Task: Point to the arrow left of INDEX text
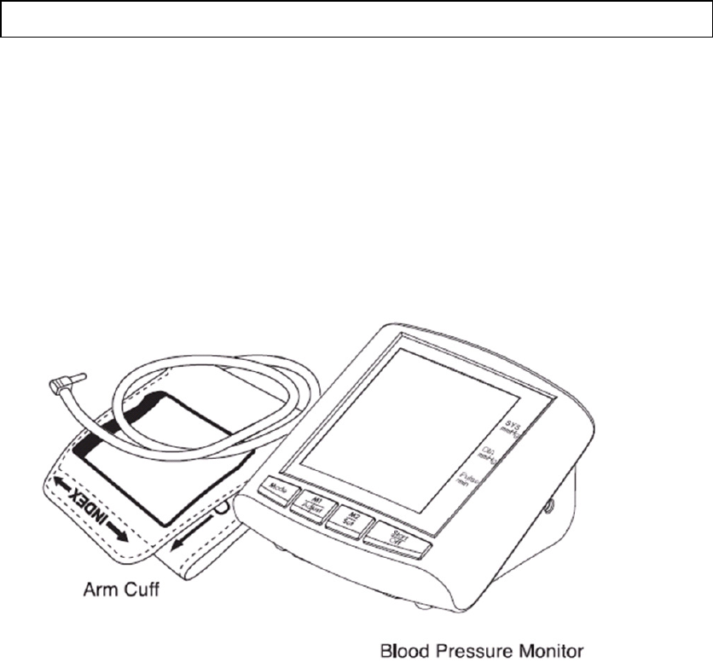coord(59,485)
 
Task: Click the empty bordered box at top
coord(356,19)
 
